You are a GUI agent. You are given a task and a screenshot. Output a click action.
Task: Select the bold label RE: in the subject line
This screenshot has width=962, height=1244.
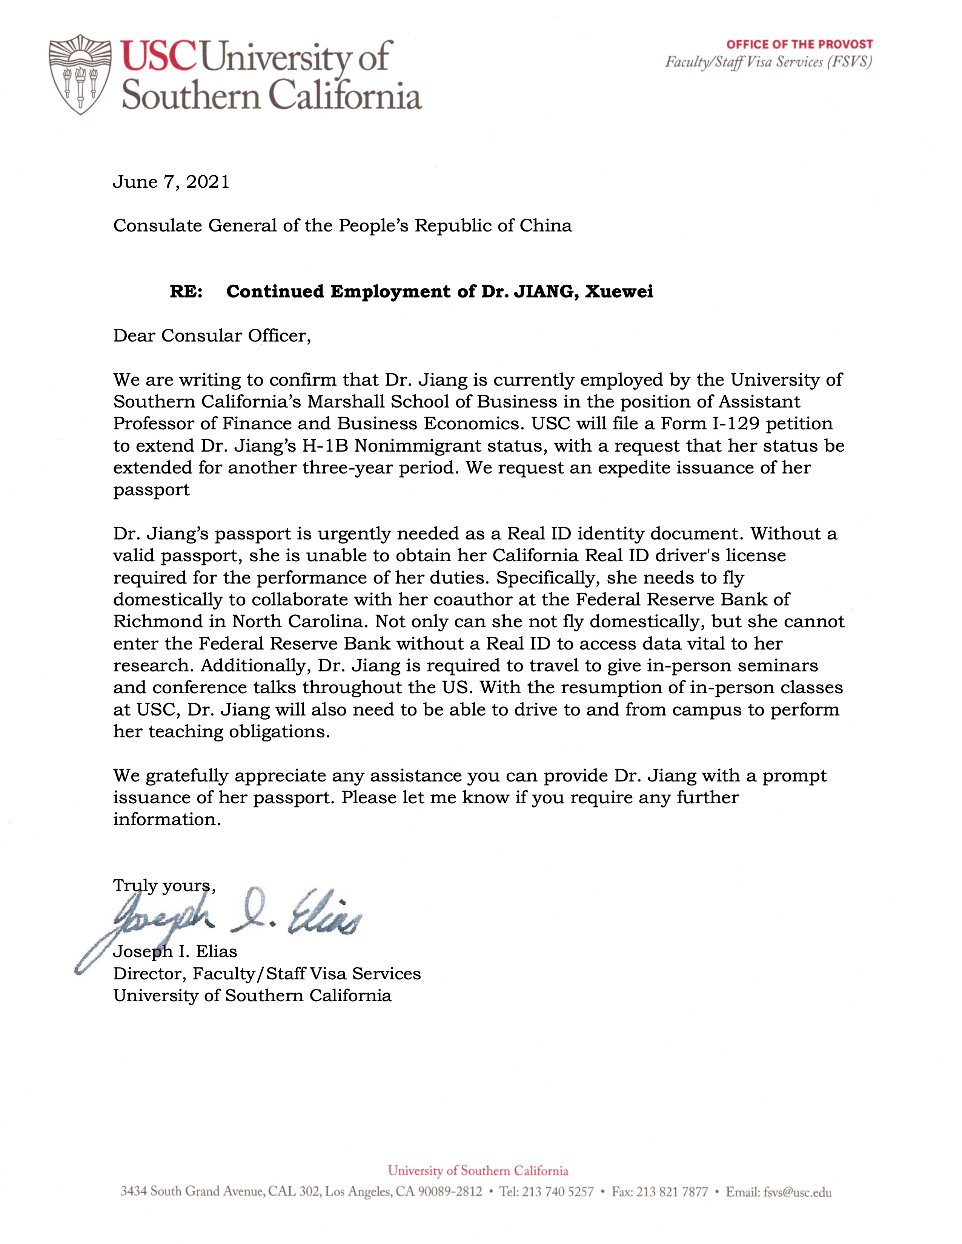(186, 292)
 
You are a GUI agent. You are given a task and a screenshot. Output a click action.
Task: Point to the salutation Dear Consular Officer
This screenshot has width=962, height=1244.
(212, 336)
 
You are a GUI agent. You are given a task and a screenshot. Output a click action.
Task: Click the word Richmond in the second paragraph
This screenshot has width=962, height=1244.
(150, 621)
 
